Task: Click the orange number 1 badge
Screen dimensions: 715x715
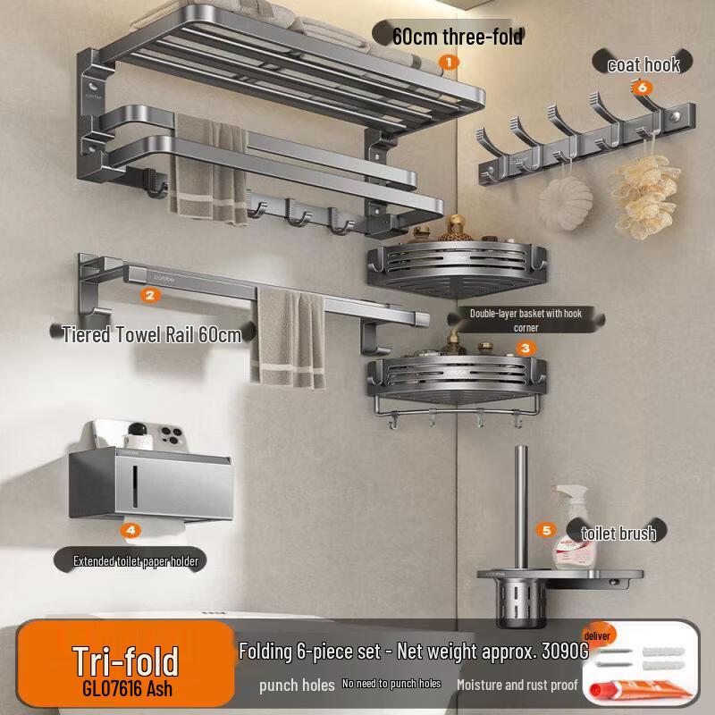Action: coord(449,62)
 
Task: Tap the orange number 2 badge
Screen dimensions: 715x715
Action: coord(150,295)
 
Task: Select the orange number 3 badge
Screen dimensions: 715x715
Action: coord(526,349)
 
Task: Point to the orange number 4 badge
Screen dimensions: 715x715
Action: coord(130,530)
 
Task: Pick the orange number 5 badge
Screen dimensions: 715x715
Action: coord(546,530)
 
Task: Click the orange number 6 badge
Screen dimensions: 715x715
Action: coord(642,87)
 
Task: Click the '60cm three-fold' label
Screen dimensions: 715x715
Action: coord(458,37)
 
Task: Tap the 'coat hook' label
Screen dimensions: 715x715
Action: coord(643,64)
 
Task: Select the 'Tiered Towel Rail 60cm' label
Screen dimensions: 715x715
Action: coord(152,334)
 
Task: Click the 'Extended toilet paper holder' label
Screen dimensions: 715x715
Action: coord(136,561)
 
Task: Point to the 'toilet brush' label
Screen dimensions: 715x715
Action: coord(618,533)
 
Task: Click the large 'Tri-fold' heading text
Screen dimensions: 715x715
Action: coord(125,661)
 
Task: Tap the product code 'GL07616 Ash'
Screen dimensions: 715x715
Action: coord(127,688)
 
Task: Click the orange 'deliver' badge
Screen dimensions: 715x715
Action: coord(598,635)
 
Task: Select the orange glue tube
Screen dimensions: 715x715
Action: coord(638,688)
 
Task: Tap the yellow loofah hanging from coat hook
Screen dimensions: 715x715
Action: coord(644,196)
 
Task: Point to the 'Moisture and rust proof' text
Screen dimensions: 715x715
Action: coord(517,685)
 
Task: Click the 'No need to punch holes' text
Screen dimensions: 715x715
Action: coord(391,684)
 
